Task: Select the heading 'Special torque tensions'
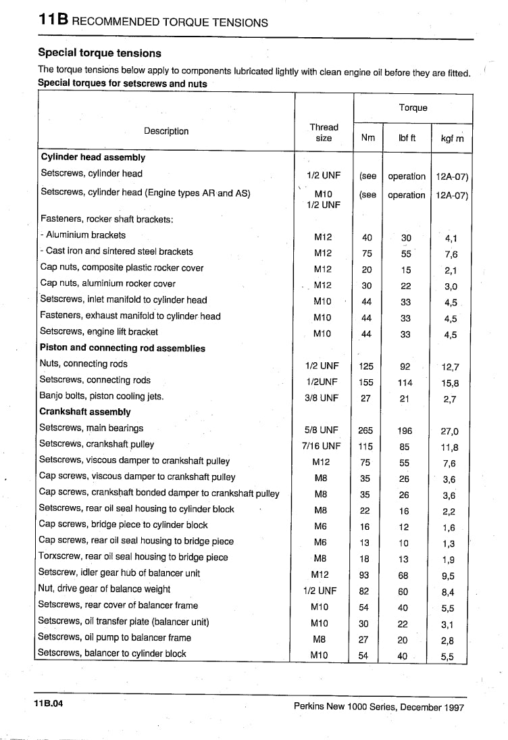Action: (x=99, y=52)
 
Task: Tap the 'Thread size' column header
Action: (x=324, y=132)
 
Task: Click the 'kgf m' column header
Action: (x=452, y=138)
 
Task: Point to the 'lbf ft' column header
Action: (x=407, y=138)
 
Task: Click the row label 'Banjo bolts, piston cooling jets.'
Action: (x=101, y=396)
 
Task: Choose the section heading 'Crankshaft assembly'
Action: (x=85, y=412)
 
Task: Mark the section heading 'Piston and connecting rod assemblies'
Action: (x=122, y=348)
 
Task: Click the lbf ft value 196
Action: (x=405, y=430)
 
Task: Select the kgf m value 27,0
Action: (x=450, y=430)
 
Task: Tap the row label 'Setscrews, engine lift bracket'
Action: (x=99, y=332)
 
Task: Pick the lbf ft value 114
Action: (x=405, y=383)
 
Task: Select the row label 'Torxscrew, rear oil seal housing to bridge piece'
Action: (x=134, y=557)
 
